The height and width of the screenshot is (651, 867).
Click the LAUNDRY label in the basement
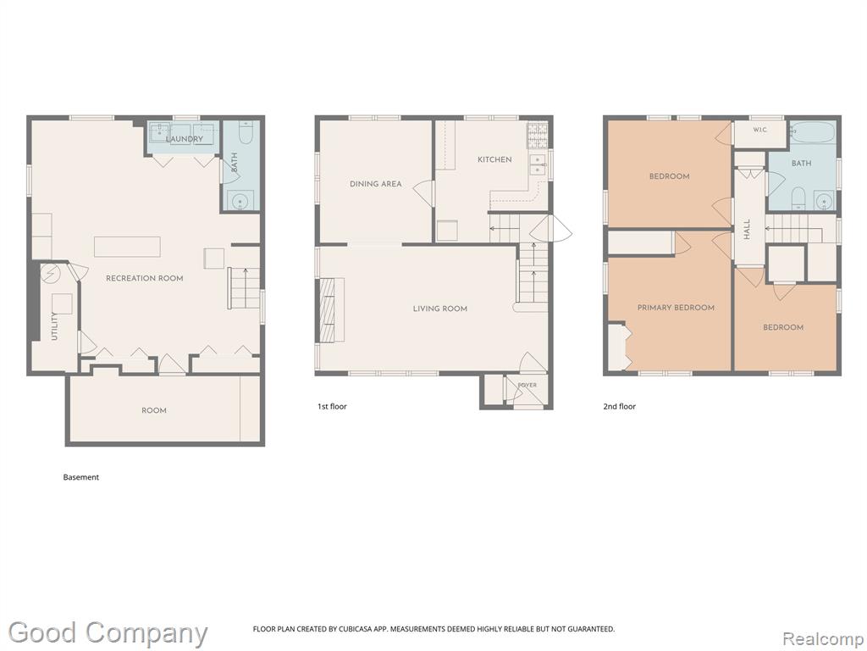pyautogui.click(x=184, y=139)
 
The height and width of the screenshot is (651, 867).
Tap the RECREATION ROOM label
pyautogui.click(x=144, y=278)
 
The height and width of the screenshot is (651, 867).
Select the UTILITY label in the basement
pyautogui.click(x=54, y=326)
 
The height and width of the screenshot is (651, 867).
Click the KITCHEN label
pyautogui.click(x=494, y=159)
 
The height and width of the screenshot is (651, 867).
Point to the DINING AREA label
pyautogui.click(x=375, y=184)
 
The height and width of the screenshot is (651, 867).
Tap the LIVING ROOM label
pyautogui.click(x=440, y=309)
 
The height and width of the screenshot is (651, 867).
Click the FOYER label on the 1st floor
pyautogui.click(x=527, y=386)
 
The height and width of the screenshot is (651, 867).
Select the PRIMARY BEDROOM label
pyautogui.click(x=676, y=308)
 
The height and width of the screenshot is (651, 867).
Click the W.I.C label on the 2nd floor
pyautogui.click(x=759, y=130)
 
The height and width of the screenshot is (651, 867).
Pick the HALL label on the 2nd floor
pyautogui.click(x=747, y=229)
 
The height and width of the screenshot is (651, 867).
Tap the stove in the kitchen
pyautogui.click(x=537, y=136)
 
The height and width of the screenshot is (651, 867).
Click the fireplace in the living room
pyautogui.click(x=329, y=309)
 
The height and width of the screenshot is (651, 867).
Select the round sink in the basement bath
pyautogui.click(x=240, y=200)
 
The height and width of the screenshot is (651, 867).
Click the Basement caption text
pyautogui.click(x=81, y=477)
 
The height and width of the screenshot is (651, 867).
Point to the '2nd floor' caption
pyautogui.click(x=619, y=406)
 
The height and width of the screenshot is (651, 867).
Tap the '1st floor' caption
pyautogui.click(x=332, y=406)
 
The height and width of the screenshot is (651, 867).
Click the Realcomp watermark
pyautogui.click(x=823, y=638)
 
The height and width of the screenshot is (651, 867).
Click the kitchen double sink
pyautogui.click(x=537, y=164)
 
